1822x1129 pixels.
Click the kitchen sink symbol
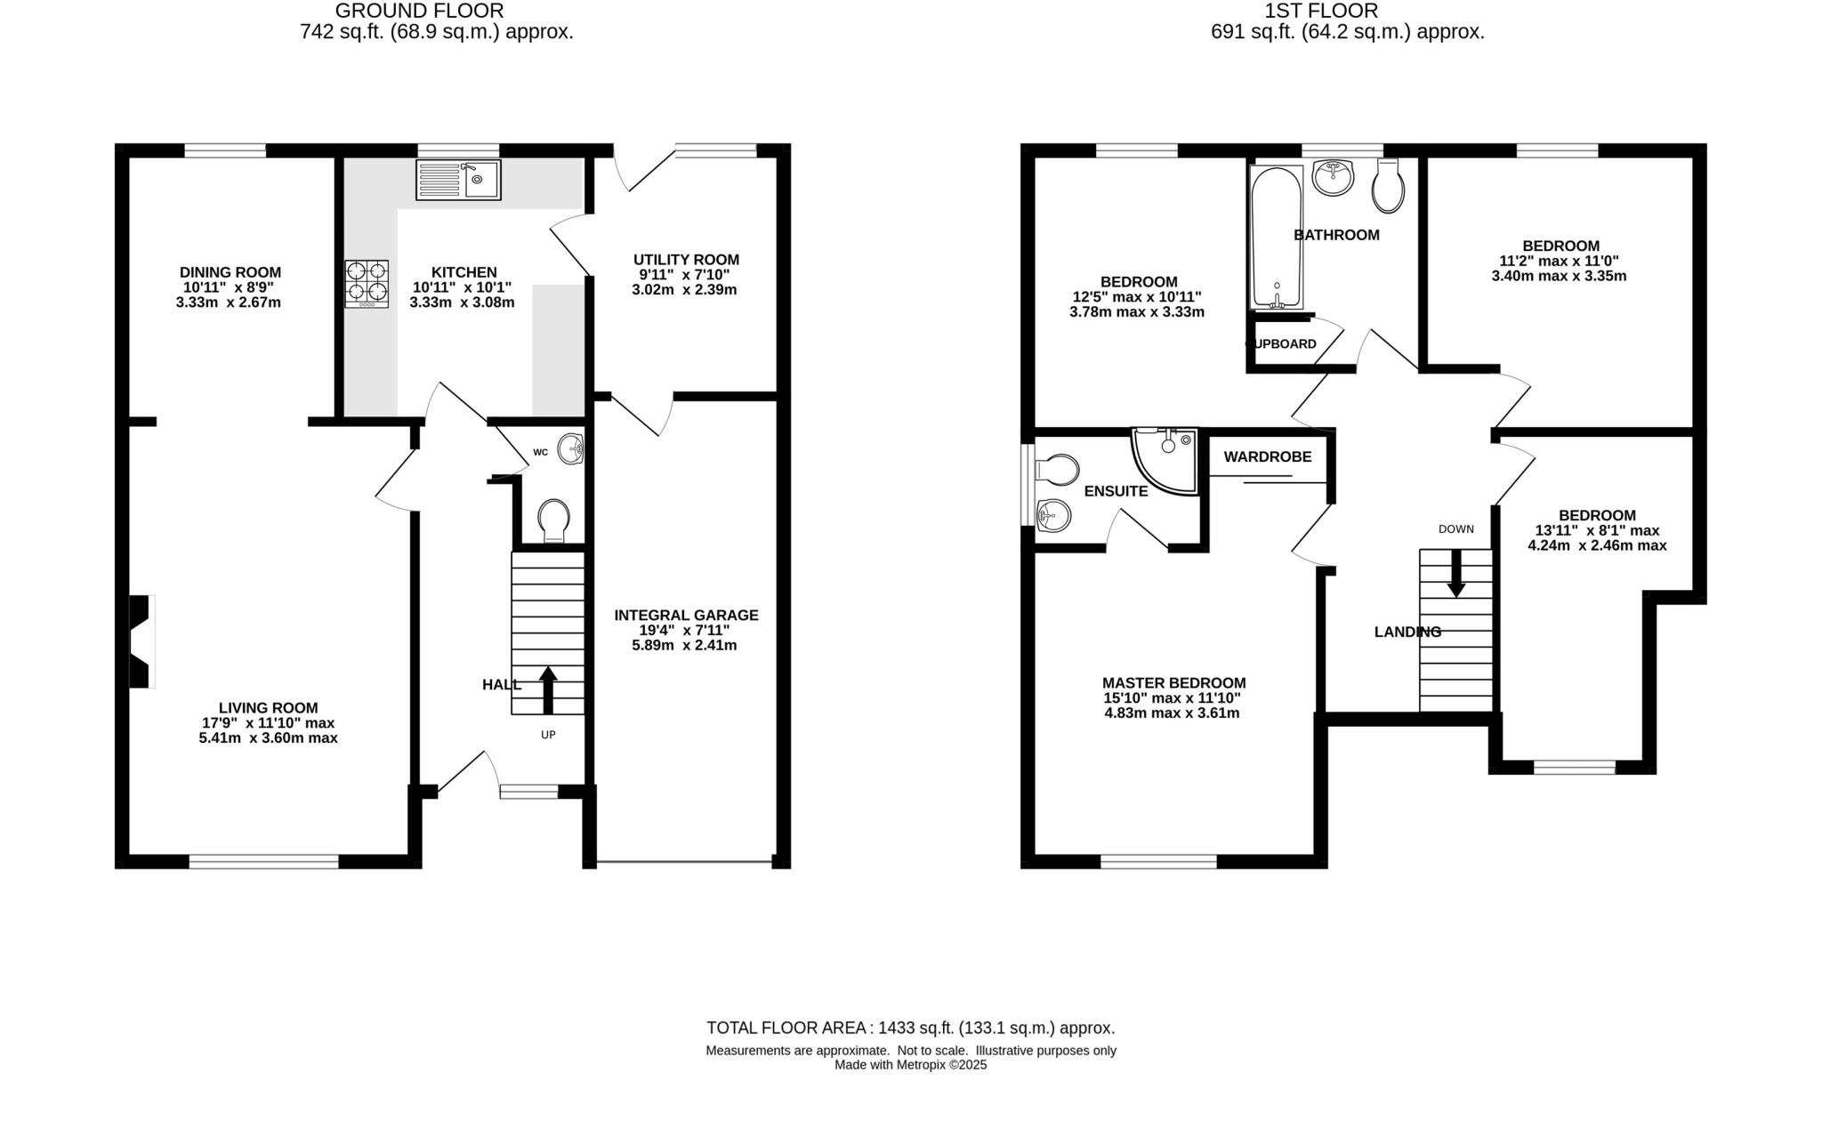pyautogui.click(x=458, y=180)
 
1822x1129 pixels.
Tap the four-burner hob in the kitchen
pyautogui.click(x=367, y=283)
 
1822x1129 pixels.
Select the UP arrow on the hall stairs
pyautogui.click(x=548, y=690)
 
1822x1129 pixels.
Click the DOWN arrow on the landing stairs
pyautogui.click(x=1456, y=573)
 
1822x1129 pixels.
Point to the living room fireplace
pyautogui.click(x=141, y=641)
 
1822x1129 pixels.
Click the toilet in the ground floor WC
pyautogui.click(x=553, y=519)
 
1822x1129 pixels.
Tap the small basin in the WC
pyautogui.click(x=571, y=449)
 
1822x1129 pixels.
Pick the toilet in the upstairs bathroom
pyautogui.click(x=1388, y=186)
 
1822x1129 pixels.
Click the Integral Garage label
pyautogui.click(x=686, y=615)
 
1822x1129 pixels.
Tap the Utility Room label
pyautogui.click(x=686, y=260)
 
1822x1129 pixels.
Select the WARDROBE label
pyautogui.click(x=1267, y=457)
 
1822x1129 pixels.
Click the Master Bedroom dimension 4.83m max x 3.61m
pyautogui.click(x=1173, y=714)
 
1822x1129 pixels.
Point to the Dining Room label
pyautogui.click(x=230, y=272)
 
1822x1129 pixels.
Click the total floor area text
pyautogui.click(x=910, y=1028)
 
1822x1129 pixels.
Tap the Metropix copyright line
pyautogui.click(x=910, y=1065)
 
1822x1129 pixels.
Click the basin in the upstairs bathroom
pyautogui.click(x=1332, y=176)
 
